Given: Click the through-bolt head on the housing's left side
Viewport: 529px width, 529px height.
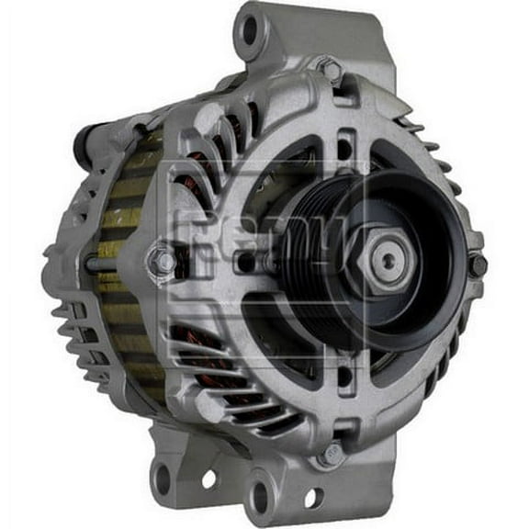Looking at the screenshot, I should (163, 261).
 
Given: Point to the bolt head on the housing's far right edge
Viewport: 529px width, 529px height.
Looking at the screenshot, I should (478, 265).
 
